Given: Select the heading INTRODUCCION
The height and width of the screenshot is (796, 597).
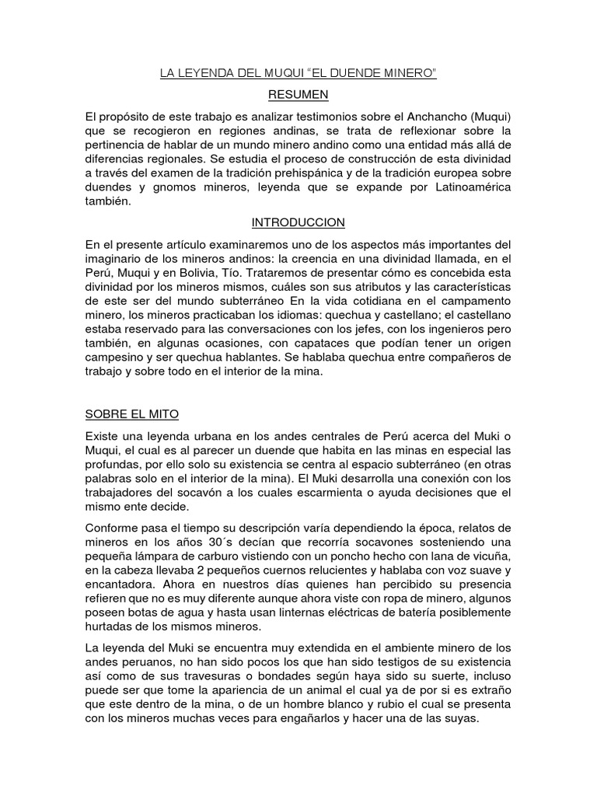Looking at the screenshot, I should click(298, 222).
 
